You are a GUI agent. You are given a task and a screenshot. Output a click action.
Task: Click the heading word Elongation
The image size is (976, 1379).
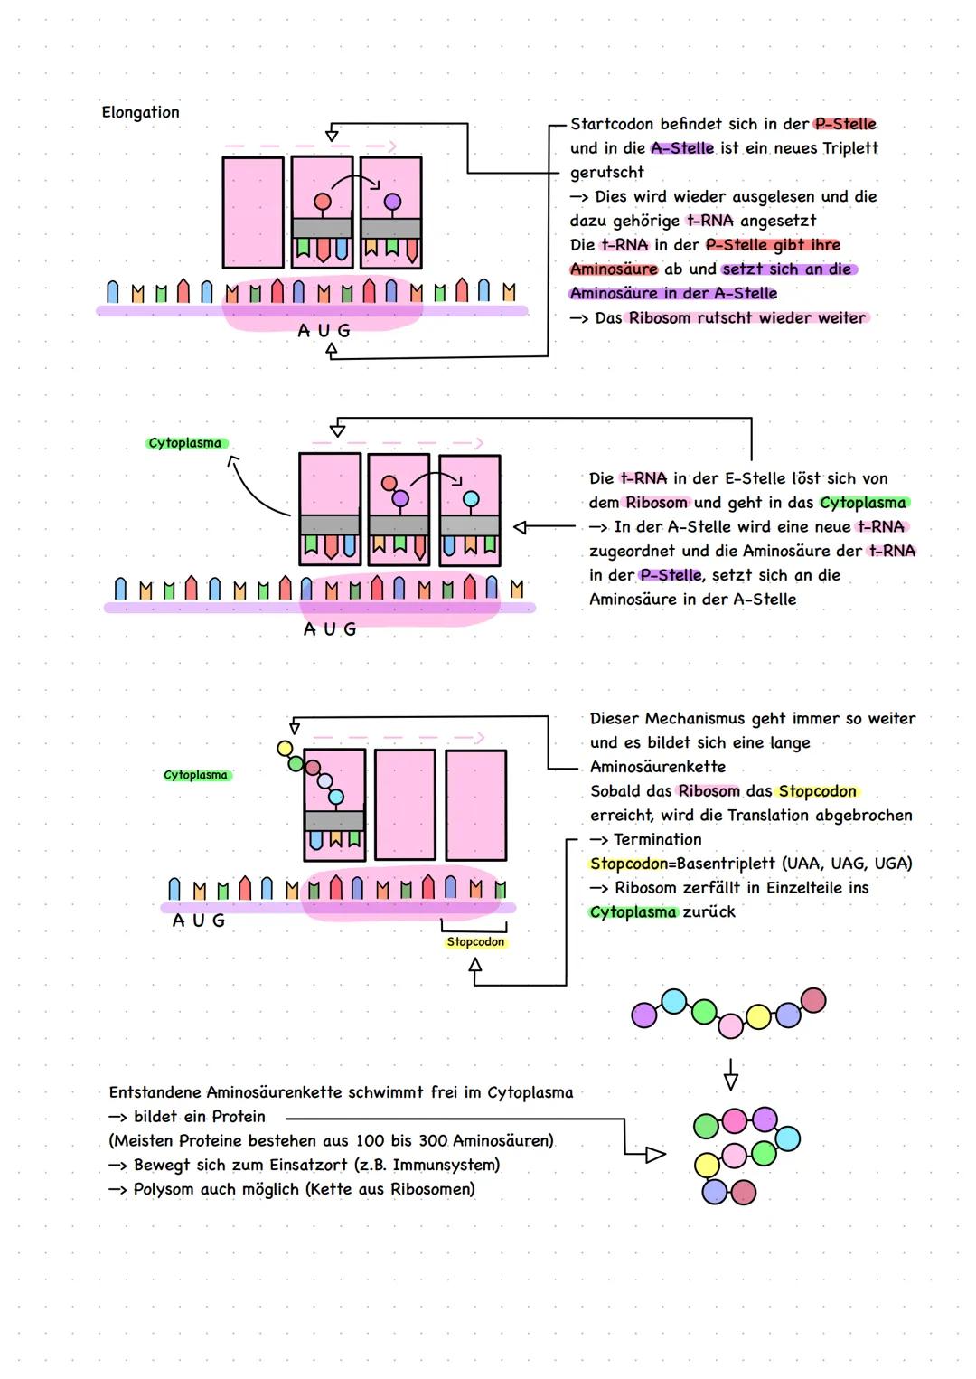click(140, 112)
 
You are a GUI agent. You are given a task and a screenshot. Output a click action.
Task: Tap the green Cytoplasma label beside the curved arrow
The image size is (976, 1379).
click(185, 443)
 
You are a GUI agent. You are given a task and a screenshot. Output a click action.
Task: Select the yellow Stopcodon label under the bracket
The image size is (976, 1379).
click(475, 942)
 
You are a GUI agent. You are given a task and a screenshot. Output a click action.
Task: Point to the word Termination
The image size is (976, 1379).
click(657, 839)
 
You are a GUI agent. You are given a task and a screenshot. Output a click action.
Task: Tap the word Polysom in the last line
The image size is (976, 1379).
click(164, 1189)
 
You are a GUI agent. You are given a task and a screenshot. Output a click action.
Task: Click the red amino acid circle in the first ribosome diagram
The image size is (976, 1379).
click(323, 201)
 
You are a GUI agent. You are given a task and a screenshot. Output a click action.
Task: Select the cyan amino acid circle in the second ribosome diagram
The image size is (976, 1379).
click(471, 499)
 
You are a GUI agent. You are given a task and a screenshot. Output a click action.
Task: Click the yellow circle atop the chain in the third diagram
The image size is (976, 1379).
click(285, 748)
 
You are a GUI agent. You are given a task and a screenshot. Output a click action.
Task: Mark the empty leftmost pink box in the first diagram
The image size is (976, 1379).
click(253, 213)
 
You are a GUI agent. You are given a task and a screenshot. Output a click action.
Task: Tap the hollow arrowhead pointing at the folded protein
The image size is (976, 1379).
click(655, 1154)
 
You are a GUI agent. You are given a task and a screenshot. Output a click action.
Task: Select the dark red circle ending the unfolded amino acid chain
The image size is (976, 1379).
click(813, 1000)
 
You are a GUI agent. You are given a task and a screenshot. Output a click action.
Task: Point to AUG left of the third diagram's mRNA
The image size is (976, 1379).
click(199, 921)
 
